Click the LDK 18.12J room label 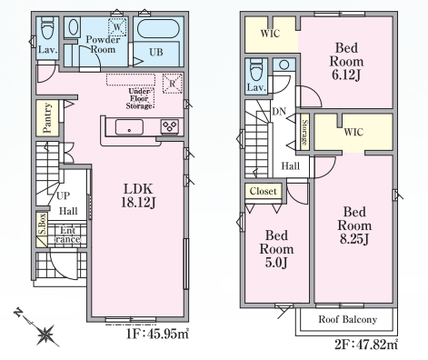tap(138, 195)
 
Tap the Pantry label tap(47, 118)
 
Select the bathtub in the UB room tap(156, 29)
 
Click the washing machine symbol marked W tap(117, 27)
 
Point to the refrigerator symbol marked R tap(172, 83)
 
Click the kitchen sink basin tap(129, 127)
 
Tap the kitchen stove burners tap(170, 126)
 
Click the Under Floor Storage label tap(139, 99)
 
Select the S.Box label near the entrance tap(42, 224)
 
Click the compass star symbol tap(45, 335)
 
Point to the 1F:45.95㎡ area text tap(157, 334)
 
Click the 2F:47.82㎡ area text tap(366, 344)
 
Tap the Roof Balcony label tap(347, 319)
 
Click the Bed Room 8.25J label tap(354, 225)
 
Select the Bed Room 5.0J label tap(276, 249)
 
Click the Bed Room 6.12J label tap(346, 62)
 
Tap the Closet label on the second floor tap(264, 191)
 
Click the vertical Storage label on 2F tap(305, 133)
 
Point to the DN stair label tap(279, 112)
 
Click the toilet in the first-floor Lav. tap(47, 28)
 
